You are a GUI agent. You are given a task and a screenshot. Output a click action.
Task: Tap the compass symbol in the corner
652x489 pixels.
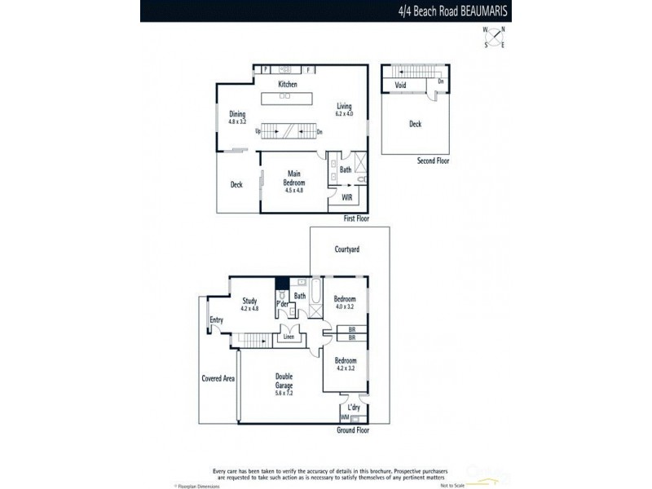tap(493, 37)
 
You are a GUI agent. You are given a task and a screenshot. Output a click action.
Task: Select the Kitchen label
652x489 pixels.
tap(287, 85)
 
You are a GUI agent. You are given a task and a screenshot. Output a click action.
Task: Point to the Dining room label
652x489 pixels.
tap(237, 114)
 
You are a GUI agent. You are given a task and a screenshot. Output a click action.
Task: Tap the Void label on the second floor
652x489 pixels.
tap(401, 84)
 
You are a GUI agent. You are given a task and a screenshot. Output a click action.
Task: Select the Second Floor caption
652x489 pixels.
tap(431, 161)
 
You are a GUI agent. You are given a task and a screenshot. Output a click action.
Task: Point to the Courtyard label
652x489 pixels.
tap(348, 249)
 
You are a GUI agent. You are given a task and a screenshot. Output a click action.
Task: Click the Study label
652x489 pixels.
tap(249, 301)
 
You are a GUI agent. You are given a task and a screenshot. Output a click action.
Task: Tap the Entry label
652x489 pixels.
tap(216, 319)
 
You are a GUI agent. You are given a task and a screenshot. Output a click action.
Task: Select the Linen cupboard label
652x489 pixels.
tap(289, 335)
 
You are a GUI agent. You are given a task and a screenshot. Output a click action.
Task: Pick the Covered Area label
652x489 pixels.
tap(218, 378)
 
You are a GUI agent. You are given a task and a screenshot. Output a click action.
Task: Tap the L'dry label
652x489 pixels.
tap(355, 407)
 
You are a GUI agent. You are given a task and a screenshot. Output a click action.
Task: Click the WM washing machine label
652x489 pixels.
tap(345, 417)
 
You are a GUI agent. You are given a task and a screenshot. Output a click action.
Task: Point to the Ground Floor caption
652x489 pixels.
tap(352, 429)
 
